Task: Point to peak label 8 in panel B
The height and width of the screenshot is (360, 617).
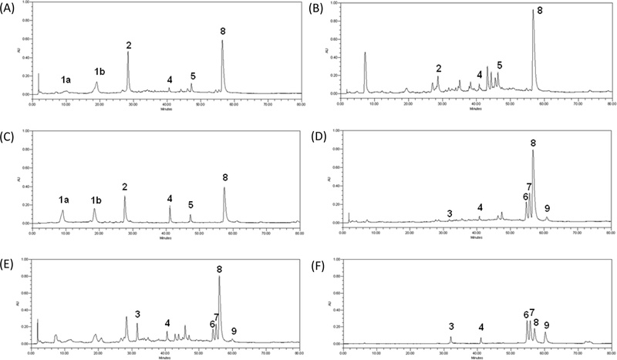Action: [x=540, y=11]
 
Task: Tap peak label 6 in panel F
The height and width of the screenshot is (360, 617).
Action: [x=526, y=315]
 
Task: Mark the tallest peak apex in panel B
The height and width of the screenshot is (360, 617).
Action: [x=532, y=11]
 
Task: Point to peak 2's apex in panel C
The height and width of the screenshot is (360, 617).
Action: [x=125, y=197]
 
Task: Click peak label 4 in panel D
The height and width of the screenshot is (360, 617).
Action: [x=480, y=207]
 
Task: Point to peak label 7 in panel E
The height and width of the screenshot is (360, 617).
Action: [x=217, y=317]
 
